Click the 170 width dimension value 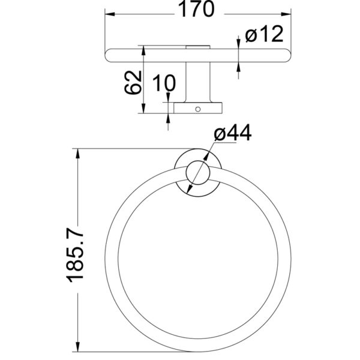(196, 9)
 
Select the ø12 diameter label (264, 34)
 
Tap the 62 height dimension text (133, 82)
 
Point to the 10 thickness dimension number (164, 83)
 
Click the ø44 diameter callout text (233, 133)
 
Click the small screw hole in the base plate (198, 109)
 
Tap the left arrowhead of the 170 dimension (110, 14)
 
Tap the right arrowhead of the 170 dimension (286, 14)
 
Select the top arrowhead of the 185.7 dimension (78, 154)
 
